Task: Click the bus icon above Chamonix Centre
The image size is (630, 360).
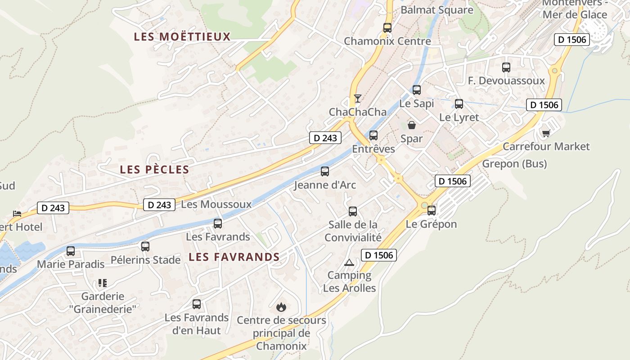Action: tap(387, 27)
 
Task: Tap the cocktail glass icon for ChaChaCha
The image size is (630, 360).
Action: tap(358, 98)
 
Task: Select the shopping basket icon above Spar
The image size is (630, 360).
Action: tap(412, 125)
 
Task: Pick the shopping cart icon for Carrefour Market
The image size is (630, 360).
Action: tap(546, 133)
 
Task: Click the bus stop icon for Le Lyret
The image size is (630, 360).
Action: tap(459, 104)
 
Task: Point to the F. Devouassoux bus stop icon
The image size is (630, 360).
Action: tap(506, 67)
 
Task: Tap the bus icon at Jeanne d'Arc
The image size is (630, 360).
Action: tap(325, 171)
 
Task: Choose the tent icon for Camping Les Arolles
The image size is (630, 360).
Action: tap(349, 262)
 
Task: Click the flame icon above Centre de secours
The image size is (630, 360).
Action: tap(281, 307)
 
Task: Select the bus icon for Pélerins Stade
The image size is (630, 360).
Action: tap(145, 247)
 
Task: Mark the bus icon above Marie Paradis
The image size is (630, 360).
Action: tap(71, 251)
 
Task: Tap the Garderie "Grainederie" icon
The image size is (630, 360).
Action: tap(103, 283)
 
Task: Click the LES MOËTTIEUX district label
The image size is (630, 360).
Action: tap(182, 37)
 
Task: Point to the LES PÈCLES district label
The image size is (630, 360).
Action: tap(154, 170)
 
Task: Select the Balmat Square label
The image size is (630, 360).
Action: tap(436, 10)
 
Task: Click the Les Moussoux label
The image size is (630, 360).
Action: tap(216, 204)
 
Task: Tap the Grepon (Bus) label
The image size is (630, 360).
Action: tap(514, 164)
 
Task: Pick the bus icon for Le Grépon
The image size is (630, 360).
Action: tap(432, 210)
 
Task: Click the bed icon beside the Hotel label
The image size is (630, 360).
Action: tap(17, 213)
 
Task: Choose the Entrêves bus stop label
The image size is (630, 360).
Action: tap(373, 149)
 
